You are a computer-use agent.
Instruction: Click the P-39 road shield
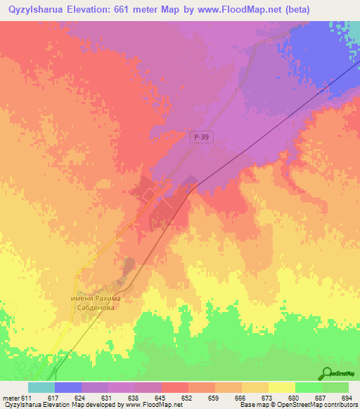tap(202, 140)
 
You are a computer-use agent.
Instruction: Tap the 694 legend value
tap(347, 398)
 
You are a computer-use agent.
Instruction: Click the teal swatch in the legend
tap(41, 387)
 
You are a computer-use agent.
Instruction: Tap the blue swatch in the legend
tap(68, 387)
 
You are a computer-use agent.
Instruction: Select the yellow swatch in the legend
tap(281, 387)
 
